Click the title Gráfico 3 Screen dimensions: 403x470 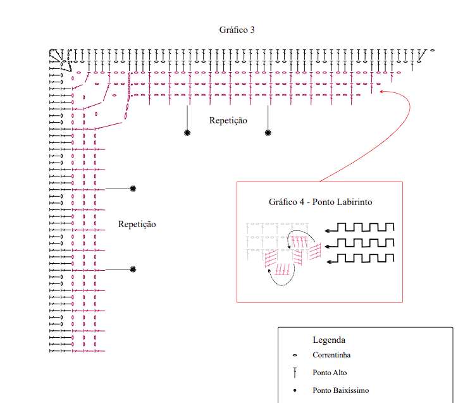coord(237,30)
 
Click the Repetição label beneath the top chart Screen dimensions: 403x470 coord(228,120)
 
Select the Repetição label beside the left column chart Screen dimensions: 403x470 coord(137,224)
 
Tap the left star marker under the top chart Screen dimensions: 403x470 coord(187,133)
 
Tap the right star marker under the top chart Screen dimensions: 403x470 coord(268,133)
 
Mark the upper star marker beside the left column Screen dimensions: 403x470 coord(133,189)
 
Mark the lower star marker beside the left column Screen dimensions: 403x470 coord(133,270)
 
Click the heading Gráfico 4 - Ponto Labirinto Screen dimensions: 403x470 coord(320,202)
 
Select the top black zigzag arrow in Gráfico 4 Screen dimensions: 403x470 coord(360,227)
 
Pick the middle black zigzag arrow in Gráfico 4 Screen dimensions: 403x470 coord(360,242)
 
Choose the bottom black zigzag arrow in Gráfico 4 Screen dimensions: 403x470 coord(360,257)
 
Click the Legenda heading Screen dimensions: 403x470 coord(329,340)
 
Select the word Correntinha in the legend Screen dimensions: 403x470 coord(331,355)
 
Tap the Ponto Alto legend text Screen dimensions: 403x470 coord(330,373)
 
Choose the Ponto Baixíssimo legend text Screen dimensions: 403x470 coord(340,390)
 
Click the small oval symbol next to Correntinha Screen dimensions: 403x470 coord(295,356)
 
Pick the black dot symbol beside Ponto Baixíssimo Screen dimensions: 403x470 coord(295,390)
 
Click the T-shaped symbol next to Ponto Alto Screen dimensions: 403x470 coord(295,373)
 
